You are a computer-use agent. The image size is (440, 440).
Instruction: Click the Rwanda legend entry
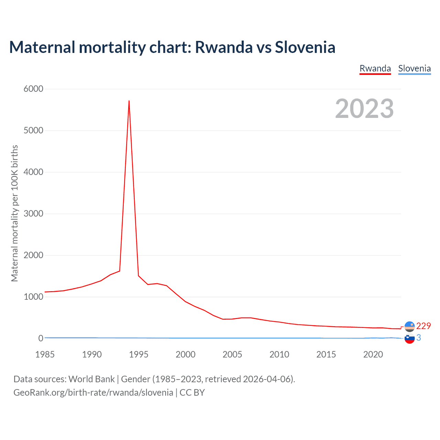click(375, 68)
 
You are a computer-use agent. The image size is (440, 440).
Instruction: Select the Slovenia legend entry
click(414, 68)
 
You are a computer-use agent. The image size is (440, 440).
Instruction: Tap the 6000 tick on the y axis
click(33, 89)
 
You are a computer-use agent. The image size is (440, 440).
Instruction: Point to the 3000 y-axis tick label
click(33, 214)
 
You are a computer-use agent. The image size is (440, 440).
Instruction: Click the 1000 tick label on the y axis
click(33, 297)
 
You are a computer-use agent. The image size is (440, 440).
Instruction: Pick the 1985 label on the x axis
click(45, 354)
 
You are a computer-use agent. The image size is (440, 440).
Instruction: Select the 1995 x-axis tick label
click(139, 354)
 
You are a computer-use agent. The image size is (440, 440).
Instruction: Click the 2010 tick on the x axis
click(279, 354)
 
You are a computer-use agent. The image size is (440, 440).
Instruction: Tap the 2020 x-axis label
click(373, 354)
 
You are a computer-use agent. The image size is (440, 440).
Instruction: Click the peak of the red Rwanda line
click(129, 101)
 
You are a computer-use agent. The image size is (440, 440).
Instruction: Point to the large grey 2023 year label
click(364, 109)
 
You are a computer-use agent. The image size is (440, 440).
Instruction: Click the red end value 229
click(423, 326)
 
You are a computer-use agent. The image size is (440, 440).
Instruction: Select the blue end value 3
click(419, 338)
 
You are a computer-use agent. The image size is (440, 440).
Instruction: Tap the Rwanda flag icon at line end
click(409, 326)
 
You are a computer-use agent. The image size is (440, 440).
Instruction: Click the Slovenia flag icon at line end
click(409, 339)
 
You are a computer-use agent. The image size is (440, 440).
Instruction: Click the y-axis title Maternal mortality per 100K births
click(14, 213)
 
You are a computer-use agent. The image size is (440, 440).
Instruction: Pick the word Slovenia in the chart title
click(305, 47)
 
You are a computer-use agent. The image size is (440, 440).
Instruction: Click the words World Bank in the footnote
click(91, 379)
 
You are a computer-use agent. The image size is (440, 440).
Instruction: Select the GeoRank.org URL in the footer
click(93, 393)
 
